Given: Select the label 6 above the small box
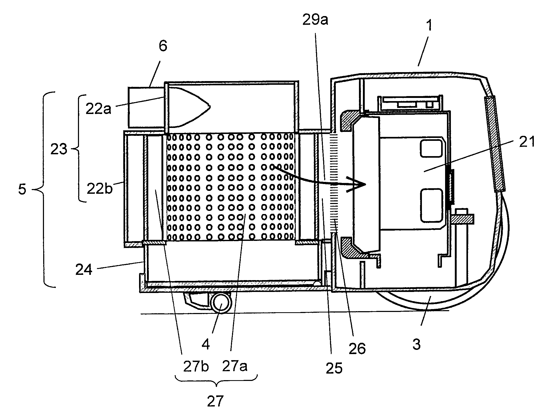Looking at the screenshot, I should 163,46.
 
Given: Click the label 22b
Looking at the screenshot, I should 99,189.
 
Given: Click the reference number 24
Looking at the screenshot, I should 84,270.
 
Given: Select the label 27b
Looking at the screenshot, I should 196,367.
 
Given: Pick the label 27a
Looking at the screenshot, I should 235,366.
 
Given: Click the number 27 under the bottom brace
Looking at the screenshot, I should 215,401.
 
